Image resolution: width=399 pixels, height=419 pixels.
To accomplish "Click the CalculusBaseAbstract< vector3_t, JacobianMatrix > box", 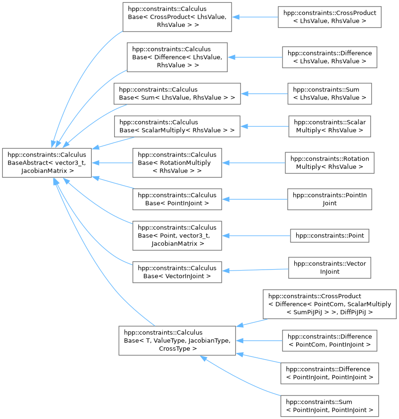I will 47,163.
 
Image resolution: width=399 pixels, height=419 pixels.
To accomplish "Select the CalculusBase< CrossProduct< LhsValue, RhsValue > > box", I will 177,17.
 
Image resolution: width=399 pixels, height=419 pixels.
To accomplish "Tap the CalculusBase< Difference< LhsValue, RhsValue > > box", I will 177,57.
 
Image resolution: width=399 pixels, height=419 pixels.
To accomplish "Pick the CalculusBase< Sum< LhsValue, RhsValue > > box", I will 177,93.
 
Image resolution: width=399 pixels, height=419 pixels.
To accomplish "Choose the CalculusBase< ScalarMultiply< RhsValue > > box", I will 177,126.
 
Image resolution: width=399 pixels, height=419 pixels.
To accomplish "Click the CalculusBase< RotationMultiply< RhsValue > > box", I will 177,163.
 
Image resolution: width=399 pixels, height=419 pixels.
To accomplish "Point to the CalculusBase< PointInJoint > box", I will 177,199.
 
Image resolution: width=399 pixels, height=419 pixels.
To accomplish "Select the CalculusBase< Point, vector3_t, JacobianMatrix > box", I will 177,236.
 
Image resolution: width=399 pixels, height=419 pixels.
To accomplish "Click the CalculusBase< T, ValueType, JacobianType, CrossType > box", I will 177,340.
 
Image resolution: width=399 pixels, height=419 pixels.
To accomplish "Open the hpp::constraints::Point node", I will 330,235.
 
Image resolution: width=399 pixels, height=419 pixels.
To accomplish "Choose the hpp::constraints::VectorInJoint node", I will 330,268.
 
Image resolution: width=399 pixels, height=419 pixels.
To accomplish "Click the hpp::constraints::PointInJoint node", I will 330,199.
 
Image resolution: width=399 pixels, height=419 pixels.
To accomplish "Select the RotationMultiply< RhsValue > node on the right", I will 330,163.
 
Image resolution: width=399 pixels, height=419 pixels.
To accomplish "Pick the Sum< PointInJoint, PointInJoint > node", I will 330,406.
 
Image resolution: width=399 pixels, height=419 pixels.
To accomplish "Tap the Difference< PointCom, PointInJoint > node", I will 330,341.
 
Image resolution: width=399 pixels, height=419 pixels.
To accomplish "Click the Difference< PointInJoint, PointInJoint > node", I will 330,373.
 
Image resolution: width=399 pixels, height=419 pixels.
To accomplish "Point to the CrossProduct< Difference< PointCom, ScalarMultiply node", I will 330,304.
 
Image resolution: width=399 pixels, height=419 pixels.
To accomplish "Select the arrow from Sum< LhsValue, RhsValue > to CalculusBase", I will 264,93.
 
